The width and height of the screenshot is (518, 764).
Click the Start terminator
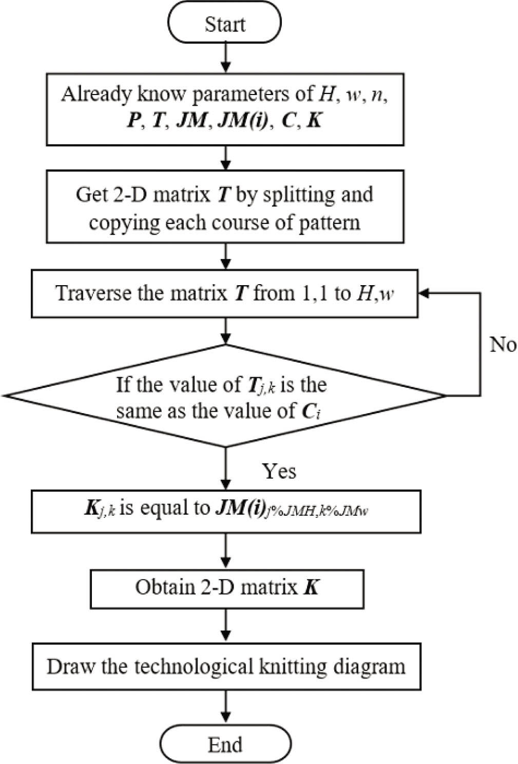(224, 24)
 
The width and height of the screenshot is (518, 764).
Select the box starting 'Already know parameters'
(225, 109)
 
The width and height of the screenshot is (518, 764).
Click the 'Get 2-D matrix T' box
(225, 207)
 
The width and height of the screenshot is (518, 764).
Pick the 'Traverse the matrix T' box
(225, 293)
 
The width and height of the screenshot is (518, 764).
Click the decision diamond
(224, 396)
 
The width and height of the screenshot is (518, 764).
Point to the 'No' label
(503, 345)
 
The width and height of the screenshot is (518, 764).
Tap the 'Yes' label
(279, 471)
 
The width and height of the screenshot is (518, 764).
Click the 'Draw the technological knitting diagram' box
(226, 667)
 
